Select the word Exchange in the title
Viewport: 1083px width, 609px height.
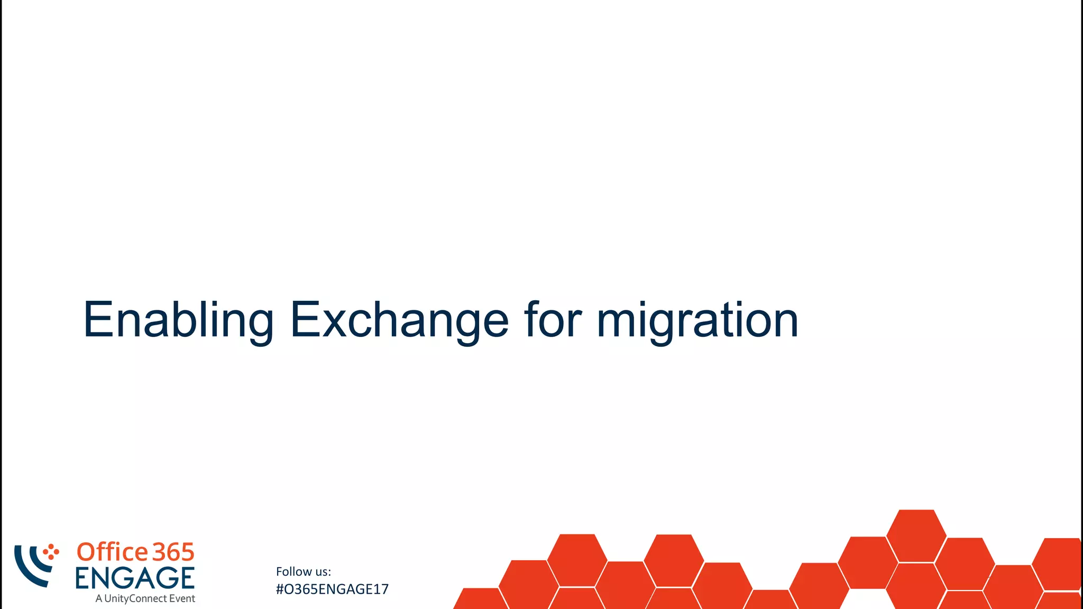[399, 320]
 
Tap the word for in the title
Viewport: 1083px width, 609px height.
[553, 320]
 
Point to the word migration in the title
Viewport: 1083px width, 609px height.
[697, 320]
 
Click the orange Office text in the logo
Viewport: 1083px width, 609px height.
[113, 552]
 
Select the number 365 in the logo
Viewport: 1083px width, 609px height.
[173, 552]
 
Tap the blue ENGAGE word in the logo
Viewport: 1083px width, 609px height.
[135, 578]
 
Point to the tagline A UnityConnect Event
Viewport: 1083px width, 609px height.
[145, 598]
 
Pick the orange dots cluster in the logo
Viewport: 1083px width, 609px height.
[51, 552]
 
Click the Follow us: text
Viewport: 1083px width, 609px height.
[303, 571]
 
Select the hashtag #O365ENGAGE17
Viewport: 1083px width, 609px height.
[332, 589]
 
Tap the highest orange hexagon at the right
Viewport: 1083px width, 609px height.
[916, 535]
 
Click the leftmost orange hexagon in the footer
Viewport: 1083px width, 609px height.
[479, 600]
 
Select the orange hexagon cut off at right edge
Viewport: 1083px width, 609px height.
[1060, 564]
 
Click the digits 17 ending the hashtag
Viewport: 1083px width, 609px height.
[380, 589]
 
